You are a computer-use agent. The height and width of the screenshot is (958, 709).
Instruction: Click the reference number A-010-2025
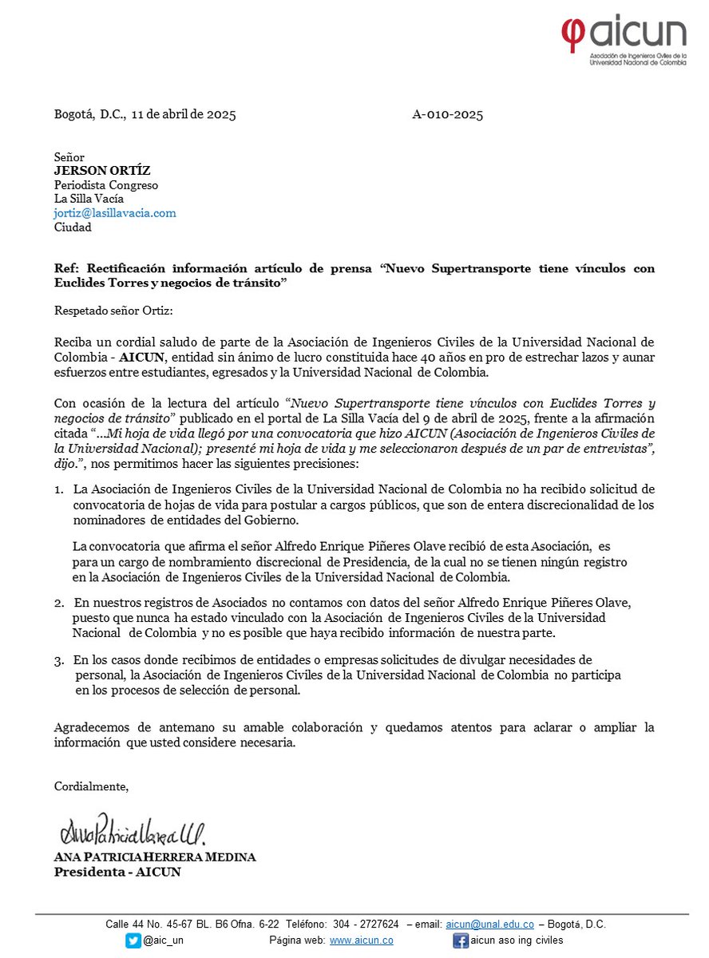(x=447, y=114)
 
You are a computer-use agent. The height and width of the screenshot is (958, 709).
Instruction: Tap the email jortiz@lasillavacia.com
(x=115, y=213)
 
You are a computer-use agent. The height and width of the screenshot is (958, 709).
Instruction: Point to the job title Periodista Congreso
(x=106, y=185)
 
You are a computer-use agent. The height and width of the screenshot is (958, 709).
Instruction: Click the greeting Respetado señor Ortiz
(x=113, y=310)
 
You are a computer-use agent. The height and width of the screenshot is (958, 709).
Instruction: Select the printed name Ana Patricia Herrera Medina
(x=155, y=857)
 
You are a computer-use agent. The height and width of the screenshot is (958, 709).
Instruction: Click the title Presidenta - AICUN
(x=117, y=872)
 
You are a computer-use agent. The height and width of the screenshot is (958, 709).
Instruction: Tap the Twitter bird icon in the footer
(x=133, y=940)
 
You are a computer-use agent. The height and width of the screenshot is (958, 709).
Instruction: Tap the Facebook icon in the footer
(x=461, y=940)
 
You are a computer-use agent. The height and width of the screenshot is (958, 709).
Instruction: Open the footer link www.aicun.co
(x=361, y=940)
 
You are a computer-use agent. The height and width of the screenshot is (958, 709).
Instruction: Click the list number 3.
(x=59, y=660)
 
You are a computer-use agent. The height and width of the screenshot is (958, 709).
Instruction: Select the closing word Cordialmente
(x=92, y=787)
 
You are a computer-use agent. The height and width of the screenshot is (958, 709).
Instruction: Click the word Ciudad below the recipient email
(x=73, y=227)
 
